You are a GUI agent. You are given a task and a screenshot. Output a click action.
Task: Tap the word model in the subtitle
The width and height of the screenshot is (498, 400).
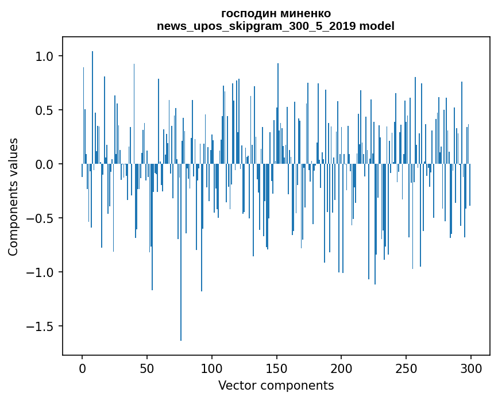click(x=376, y=26)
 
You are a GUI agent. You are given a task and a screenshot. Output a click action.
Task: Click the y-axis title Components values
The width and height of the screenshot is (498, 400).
click(x=13, y=197)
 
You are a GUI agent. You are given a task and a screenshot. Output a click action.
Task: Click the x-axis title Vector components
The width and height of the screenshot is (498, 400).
click(x=276, y=386)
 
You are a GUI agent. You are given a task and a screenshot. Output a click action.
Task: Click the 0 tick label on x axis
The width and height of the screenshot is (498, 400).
click(x=82, y=368)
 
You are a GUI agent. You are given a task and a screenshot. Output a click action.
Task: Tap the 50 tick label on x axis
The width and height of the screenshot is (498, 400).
click(x=147, y=368)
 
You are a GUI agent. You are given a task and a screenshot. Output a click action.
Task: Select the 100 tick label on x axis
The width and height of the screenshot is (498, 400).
click(x=212, y=368)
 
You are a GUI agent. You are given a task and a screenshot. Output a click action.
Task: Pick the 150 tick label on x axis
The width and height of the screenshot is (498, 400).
click(x=276, y=368)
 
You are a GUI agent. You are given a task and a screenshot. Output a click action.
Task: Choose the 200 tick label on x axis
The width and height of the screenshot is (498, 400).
click(x=341, y=368)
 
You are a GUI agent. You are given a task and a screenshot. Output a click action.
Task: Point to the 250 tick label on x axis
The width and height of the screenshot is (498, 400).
click(x=406, y=368)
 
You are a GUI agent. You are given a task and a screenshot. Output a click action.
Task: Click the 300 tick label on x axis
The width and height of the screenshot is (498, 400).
click(x=471, y=368)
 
